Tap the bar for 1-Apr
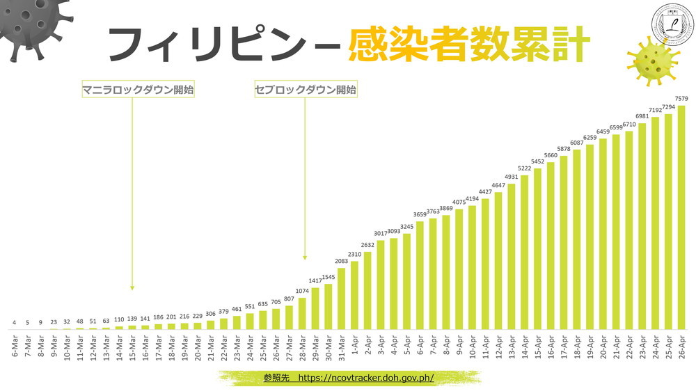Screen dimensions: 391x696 tap(355, 295)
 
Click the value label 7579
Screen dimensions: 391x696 tap(681, 99)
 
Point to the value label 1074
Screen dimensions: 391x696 tap(302, 291)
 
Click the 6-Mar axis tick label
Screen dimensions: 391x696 tap(15, 344)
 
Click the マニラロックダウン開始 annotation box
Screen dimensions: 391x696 tap(138, 90)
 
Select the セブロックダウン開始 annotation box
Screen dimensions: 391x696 tap(306, 90)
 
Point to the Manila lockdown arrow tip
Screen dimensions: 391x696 tap(132, 287)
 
